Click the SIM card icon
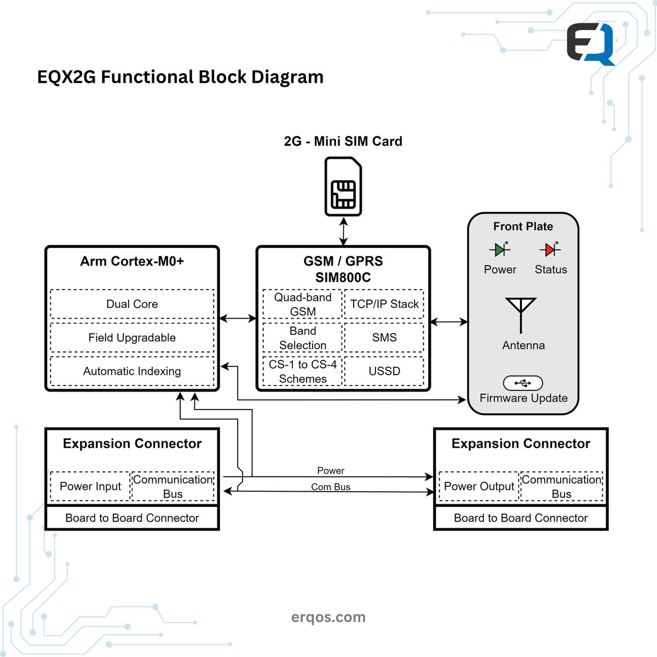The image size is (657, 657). tap(343, 187)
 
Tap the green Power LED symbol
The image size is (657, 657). tap(499, 250)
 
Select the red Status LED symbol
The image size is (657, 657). tap(550, 250)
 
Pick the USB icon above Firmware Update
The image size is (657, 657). tap(523, 383)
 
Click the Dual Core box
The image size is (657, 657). tap(132, 304)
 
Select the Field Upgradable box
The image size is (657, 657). tap(132, 338)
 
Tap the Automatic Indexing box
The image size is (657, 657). tap(132, 371)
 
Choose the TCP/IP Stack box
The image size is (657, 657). tap(384, 304)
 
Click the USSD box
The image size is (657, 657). tap(384, 371)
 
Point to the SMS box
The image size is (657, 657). tap(384, 338)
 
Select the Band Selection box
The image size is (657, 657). tap(303, 338)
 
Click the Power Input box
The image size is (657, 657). tap(90, 486)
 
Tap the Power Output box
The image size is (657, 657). tap(479, 486)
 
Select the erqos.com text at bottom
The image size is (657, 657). tap(328, 617)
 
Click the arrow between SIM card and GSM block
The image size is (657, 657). tap(343, 232)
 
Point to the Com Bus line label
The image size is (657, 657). tap(331, 487)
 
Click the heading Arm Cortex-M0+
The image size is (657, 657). tap(132, 261)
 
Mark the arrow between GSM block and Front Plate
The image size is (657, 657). tap(449, 322)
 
